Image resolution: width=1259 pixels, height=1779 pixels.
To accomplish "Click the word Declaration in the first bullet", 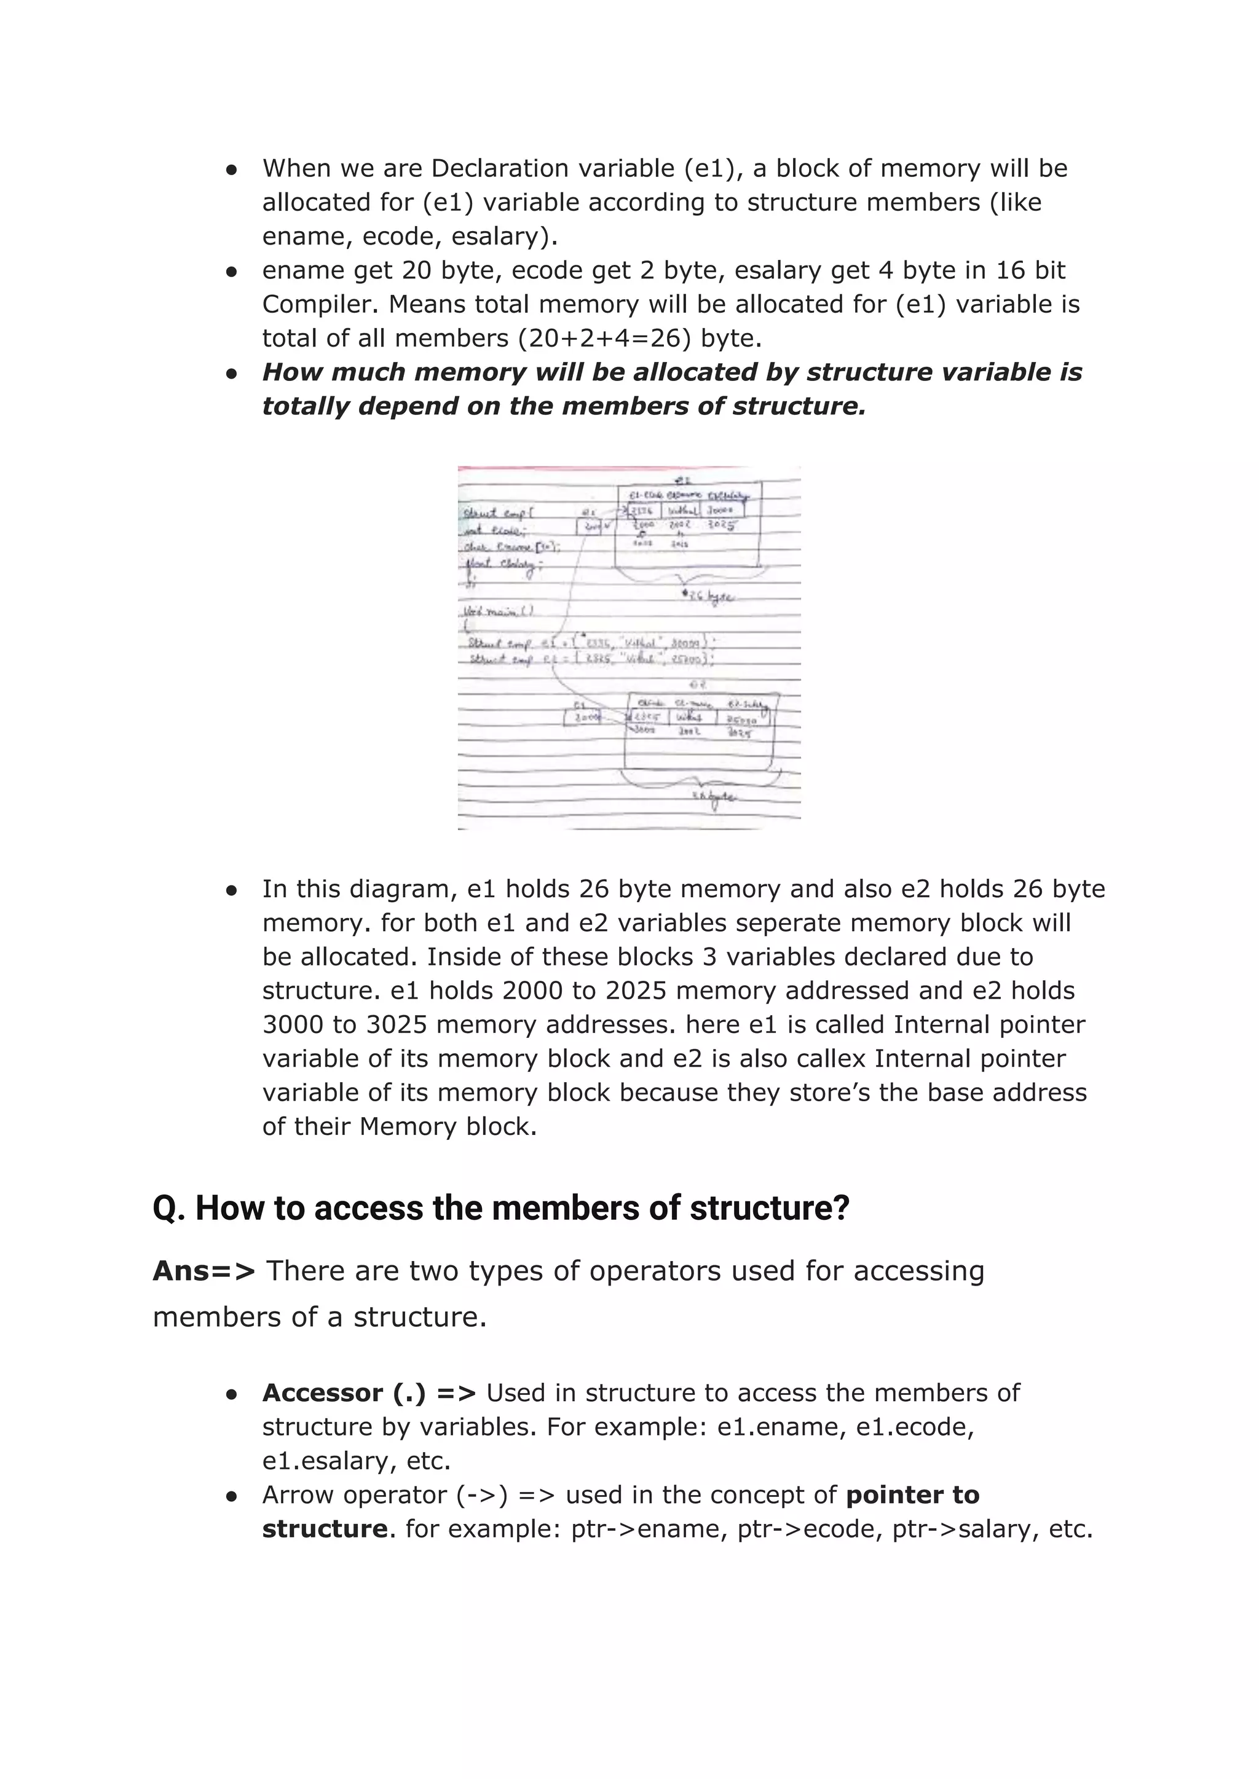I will pyautogui.click(x=499, y=168).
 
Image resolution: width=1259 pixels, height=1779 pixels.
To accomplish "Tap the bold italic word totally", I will pyautogui.click(x=306, y=406).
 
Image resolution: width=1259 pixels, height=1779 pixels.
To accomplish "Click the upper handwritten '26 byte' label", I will pyautogui.click(x=709, y=597).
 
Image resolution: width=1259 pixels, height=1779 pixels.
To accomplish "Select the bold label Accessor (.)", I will pyautogui.click(x=344, y=1392).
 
